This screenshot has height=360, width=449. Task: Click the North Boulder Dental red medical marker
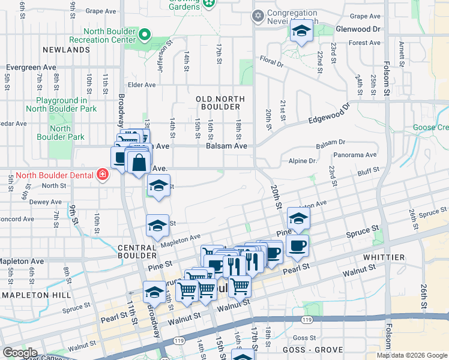click(103, 175)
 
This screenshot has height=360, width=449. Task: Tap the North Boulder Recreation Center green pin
click(144, 35)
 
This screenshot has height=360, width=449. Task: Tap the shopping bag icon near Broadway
click(139, 163)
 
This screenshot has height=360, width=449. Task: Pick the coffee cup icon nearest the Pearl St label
click(297, 245)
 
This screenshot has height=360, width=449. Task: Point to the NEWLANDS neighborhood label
click(66, 50)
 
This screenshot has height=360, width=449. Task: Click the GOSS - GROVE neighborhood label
click(318, 350)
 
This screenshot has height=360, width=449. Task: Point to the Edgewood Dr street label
click(328, 113)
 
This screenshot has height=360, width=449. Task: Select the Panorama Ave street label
click(355, 155)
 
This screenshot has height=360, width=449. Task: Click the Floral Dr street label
click(271, 61)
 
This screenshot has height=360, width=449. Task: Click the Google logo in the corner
click(20, 353)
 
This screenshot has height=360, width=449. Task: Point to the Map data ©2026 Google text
click(412, 355)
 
